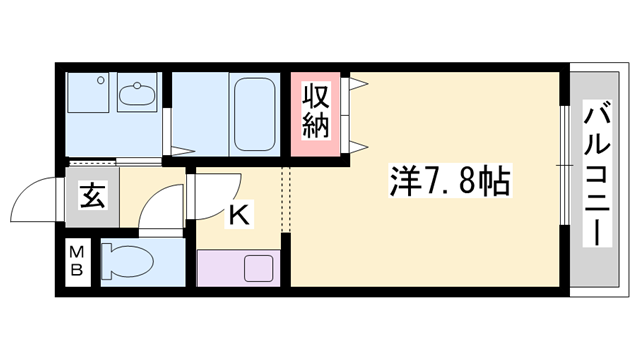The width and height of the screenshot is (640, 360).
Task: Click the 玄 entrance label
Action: point(91,195)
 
